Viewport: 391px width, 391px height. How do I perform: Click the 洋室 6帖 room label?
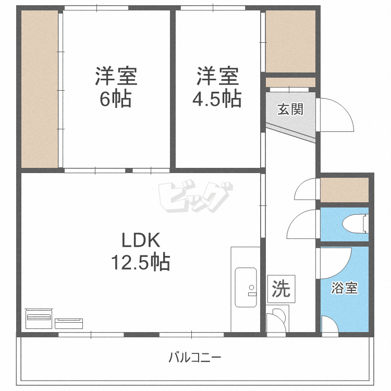coord(116,87)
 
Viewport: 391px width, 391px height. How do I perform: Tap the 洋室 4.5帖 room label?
coord(217,87)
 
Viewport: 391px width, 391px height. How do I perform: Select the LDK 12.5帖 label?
coord(141,251)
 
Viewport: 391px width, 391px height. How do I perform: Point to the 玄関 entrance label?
coord(290,109)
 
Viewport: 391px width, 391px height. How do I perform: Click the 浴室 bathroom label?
coord(345,288)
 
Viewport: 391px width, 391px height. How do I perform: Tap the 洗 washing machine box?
coord(282,289)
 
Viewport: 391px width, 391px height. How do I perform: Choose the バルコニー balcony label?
coord(195,358)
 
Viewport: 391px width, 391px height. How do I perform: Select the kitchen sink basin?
coord(246,287)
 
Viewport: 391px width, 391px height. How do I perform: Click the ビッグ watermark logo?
coord(195,197)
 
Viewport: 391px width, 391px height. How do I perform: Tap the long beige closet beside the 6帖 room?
coord(40,89)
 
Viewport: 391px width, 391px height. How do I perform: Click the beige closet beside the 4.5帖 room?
coord(290,41)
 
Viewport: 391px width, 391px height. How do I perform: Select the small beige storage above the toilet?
coord(345,190)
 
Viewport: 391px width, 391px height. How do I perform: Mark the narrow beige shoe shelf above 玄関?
coord(290,82)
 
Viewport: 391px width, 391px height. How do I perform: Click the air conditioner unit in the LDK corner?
coord(39,319)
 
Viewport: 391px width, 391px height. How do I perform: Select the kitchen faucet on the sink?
coord(252,291)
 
